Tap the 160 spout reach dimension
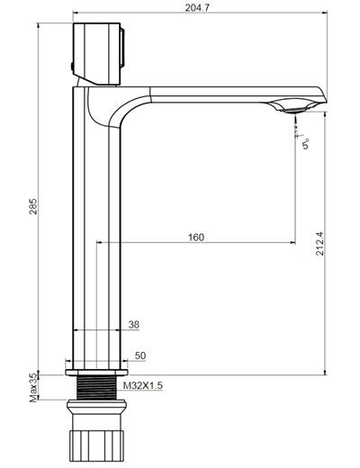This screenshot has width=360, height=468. pos(195,237)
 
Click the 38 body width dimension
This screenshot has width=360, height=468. pos(133,324)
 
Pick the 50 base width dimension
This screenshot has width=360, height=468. pos(139,355)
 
